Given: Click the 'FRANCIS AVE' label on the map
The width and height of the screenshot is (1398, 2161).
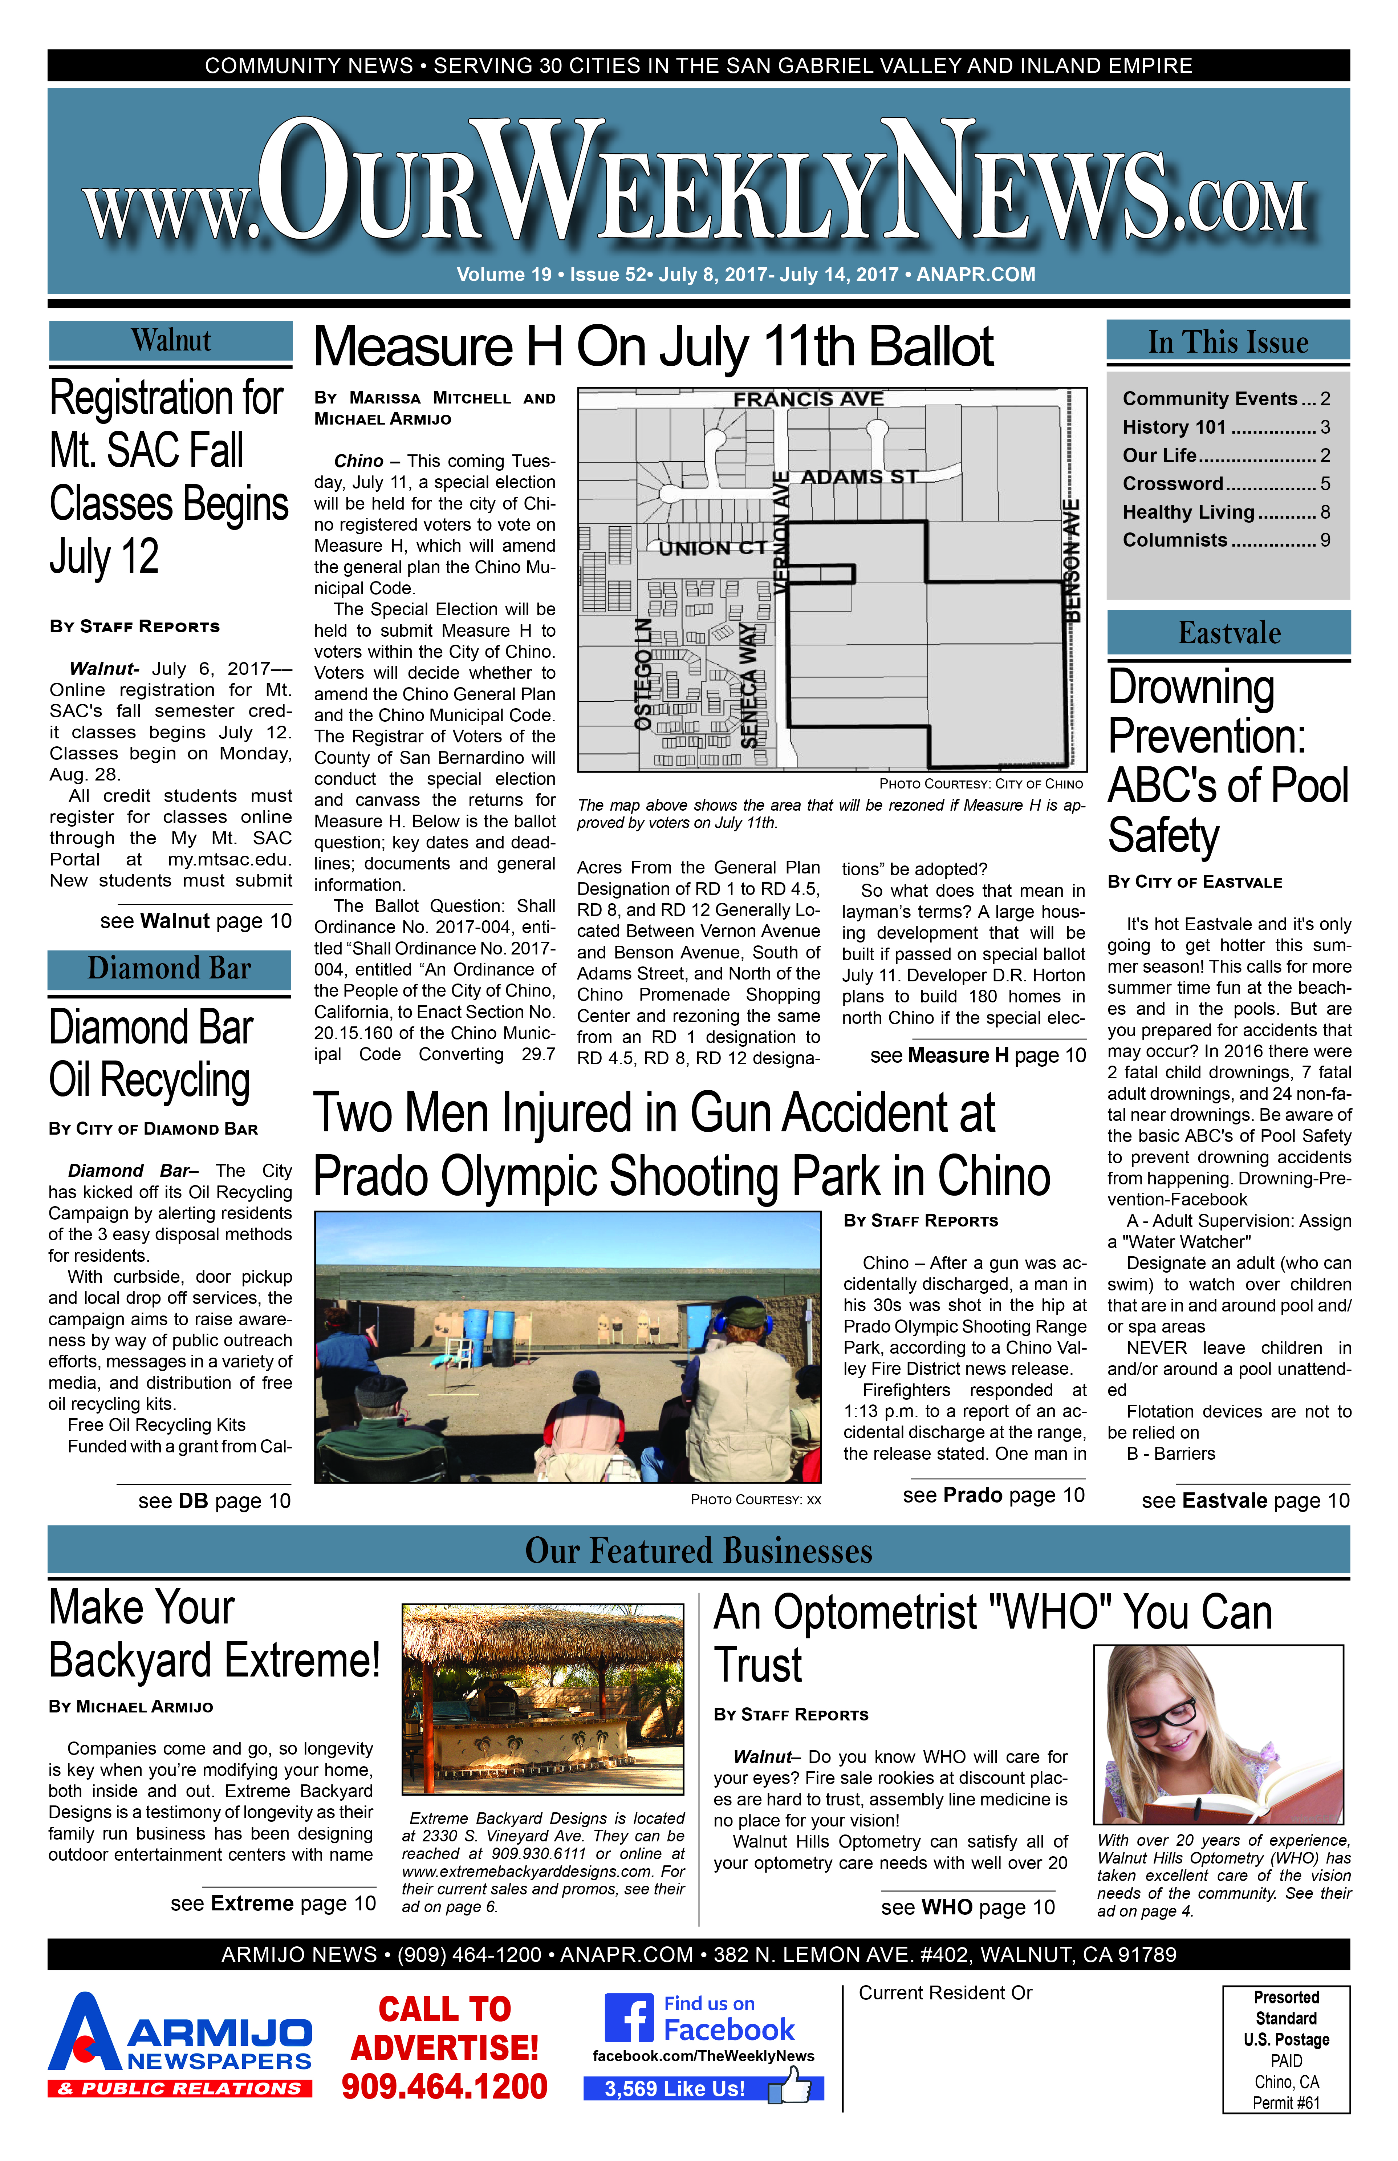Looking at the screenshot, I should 808,400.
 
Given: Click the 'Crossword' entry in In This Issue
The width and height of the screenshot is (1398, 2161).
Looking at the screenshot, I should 1173,484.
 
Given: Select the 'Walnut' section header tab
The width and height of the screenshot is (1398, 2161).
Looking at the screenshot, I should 171,341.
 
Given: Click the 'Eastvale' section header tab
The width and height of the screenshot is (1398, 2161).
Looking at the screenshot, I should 1229,633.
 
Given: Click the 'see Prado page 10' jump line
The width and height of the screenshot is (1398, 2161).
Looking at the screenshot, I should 993,1496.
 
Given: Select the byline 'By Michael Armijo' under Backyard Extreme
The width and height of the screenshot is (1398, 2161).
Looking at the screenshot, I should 131,1707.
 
